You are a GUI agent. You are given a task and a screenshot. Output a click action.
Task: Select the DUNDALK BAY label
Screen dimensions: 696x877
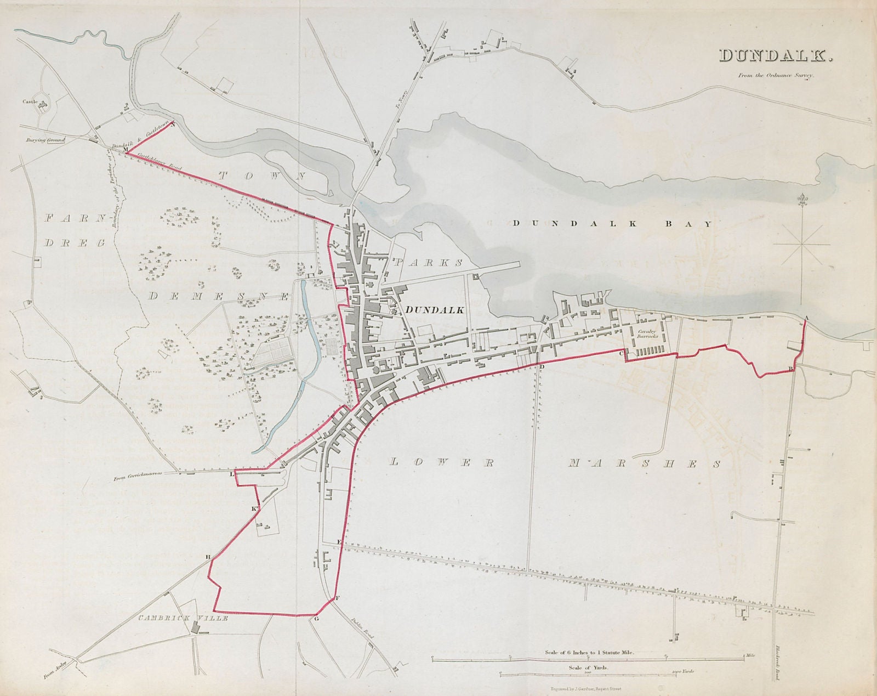[612, 224]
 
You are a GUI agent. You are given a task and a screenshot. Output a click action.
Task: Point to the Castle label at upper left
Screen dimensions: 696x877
[29, 101]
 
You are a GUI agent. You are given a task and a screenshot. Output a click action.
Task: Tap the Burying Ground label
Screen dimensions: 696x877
[45, 140]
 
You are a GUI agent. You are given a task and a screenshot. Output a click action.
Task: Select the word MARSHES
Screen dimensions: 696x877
[643, 464]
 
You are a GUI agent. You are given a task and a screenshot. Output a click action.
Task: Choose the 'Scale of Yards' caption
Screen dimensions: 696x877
[589, 667]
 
